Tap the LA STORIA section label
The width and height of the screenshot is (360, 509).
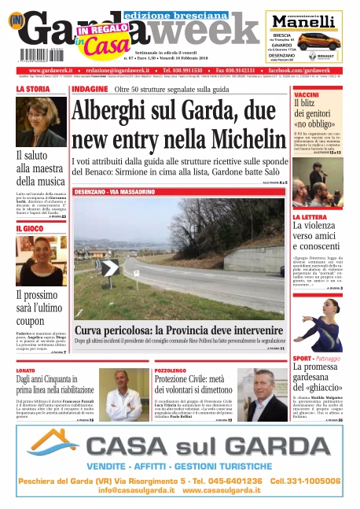click(33, 90)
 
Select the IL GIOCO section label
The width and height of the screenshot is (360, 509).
click(30, 229)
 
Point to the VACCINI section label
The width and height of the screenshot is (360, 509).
click(306, 94)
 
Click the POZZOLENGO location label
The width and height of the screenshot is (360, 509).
click(171, 370)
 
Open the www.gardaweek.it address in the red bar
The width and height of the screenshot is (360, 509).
click(49, 71)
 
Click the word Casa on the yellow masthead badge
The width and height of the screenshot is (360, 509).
click(96, 46)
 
